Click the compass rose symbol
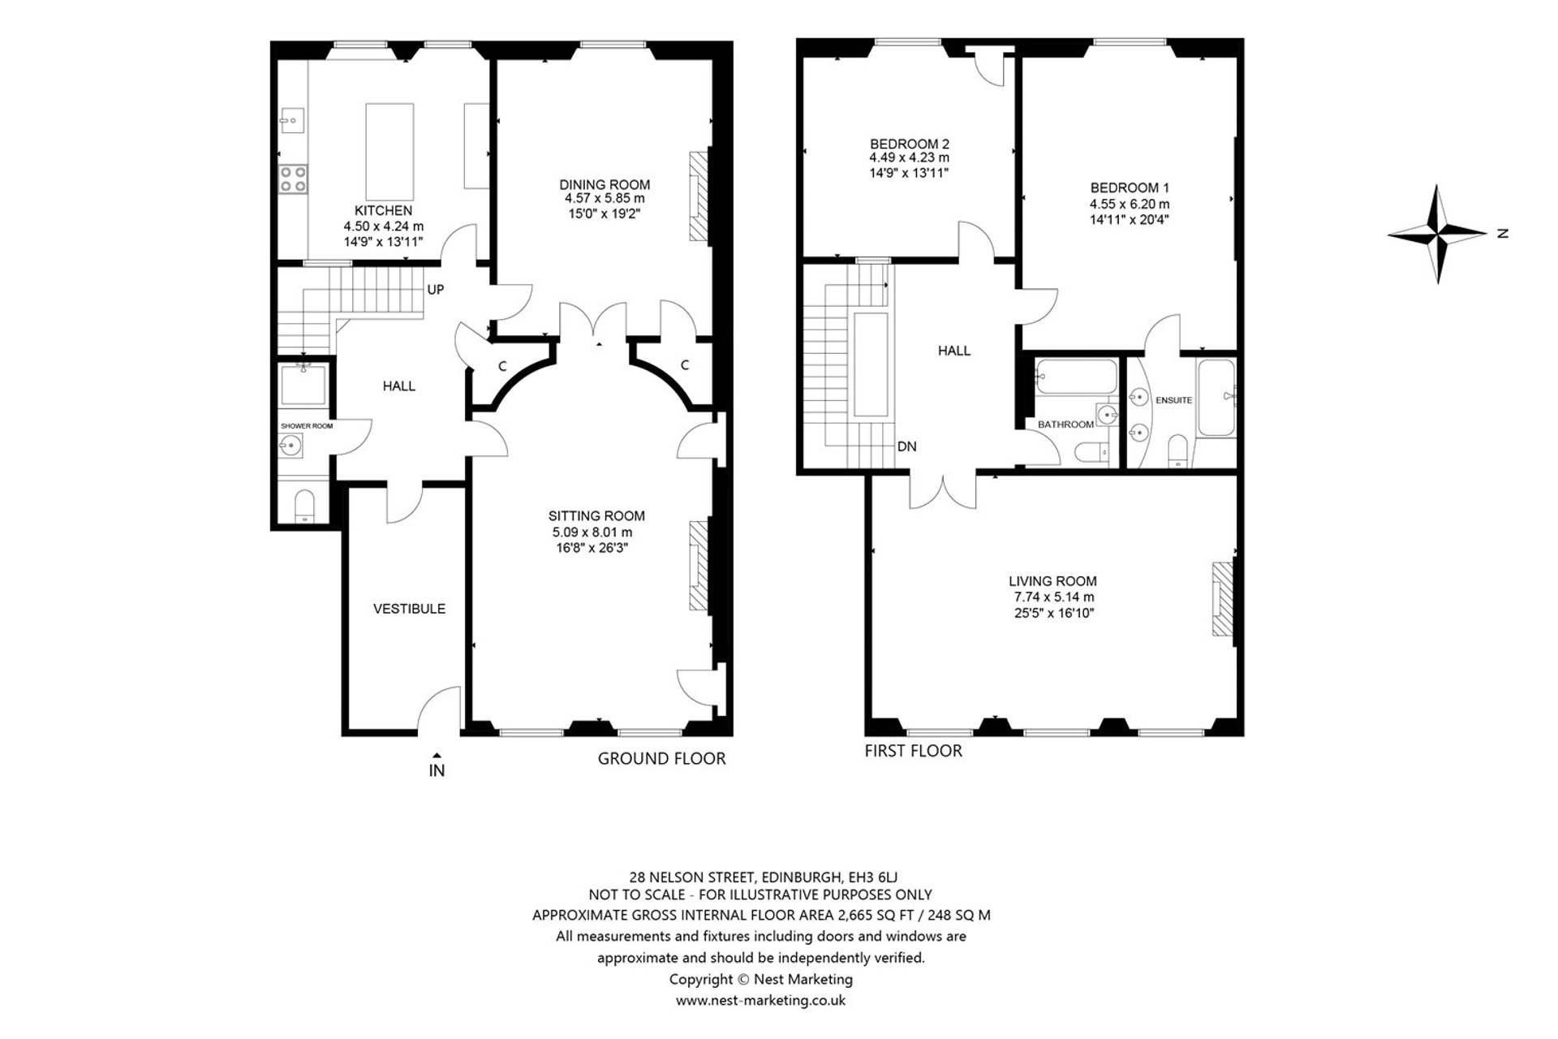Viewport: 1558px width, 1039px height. (1438, 235)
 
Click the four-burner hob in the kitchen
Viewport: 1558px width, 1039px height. (293, 179)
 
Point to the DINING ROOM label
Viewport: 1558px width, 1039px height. (605, 184)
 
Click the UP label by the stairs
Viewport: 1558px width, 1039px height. (436, 290)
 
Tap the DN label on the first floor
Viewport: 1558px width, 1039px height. (907, 446)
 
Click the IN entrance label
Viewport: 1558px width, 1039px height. (437, 771)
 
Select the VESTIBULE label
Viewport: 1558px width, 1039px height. (409, 609)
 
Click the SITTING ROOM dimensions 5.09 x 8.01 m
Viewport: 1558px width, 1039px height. (592, 532)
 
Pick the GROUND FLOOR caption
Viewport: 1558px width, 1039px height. (661, 758)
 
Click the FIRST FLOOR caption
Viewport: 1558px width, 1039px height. (913, 751)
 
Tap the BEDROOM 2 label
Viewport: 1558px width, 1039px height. (910, 144)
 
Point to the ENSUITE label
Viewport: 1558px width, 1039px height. (1173, 400)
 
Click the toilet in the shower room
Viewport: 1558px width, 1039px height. (304, 506)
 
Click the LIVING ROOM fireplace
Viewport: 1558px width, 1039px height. (1223, 599)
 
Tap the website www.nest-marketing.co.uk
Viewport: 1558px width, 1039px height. (760, 1000)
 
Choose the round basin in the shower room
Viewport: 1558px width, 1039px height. (291, 445)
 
